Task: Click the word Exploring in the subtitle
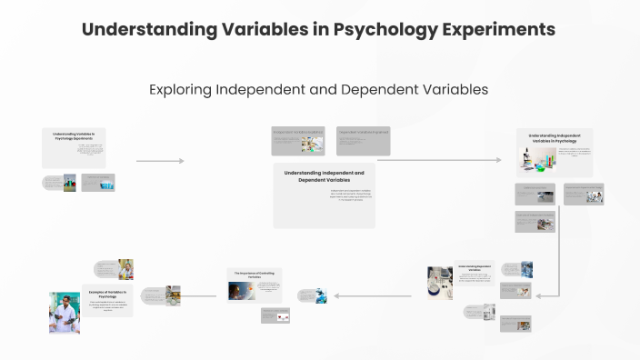(x=180, y=90)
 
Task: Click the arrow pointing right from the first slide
(x=160, y=161)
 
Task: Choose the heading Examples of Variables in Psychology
(x=108, y=294)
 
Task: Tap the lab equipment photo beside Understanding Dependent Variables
(x=440, y=282)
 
